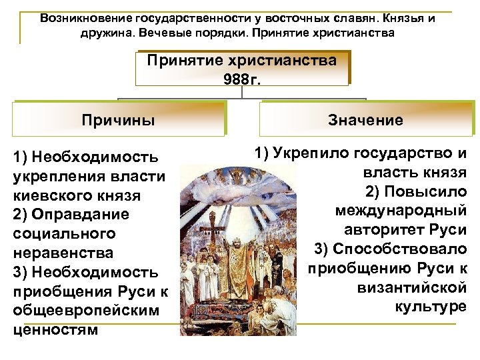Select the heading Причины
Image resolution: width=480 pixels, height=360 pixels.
118,120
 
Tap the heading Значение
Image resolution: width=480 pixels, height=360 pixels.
365,120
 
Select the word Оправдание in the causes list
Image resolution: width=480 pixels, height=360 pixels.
71,215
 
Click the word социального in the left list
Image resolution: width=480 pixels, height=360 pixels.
59,235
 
